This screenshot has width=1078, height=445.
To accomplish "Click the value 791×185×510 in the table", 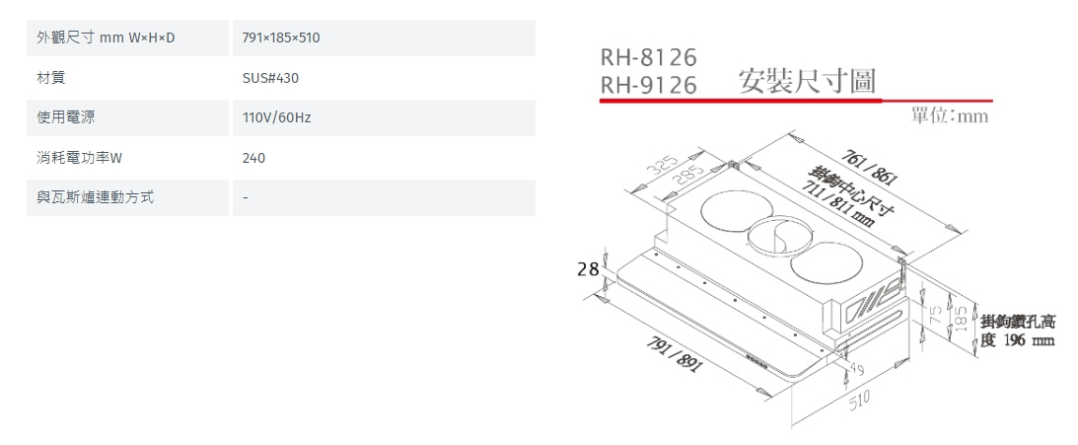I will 281,38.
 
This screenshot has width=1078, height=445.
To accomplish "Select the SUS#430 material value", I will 264,78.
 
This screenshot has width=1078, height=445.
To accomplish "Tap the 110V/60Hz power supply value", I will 276,118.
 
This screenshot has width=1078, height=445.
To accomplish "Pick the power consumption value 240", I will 253,158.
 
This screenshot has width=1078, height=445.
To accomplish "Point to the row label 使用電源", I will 65,118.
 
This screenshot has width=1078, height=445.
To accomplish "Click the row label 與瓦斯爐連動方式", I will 96,197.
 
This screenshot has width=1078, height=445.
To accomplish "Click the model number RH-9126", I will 648,86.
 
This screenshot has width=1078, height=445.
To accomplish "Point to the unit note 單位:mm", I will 949,116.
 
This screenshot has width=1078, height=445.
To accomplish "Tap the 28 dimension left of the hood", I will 588,268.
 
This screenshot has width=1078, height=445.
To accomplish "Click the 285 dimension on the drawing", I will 688,179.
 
